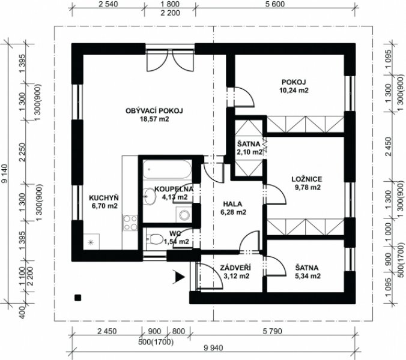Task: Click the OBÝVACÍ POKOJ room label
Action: click(x=154, y=110)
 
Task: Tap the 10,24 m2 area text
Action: click(x=294, y=90)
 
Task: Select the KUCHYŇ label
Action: click(x=104, y=198)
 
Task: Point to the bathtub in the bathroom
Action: click(x=168, y=169)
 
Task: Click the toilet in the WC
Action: click(x=154, y=239)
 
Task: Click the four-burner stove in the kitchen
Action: click(x=130, y=223)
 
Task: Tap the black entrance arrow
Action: click(x=179, y=277)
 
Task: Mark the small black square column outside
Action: click(x=77, y=298)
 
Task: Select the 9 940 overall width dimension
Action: click(x=213, y=348)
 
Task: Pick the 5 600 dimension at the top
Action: click(x=274, y=4)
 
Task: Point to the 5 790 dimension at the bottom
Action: click(x=273, y=331)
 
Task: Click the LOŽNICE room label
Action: click(x=307, y=179)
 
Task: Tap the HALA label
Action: click(x=233, y=204)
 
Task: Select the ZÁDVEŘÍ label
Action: click(x=235, y=268)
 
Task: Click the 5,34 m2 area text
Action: click(x=308, y=276)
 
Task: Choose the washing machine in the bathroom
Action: click(x=184, y=214)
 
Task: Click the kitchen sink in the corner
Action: click(x=91, y=242)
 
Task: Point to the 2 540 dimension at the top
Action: click(x=108, y=4)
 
